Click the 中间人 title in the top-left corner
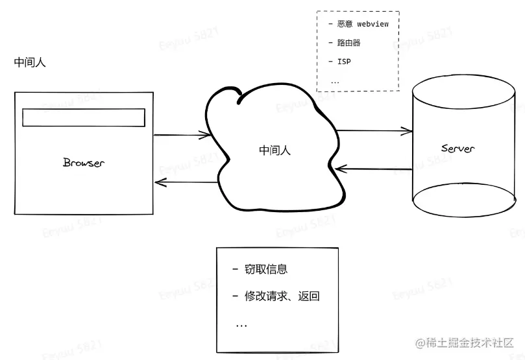(x=30, y=63)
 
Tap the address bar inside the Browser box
(x=84, y=117)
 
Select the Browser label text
(x=83, y=162)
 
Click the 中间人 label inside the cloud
(x=275, y=150)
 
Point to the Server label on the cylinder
(x=458, y=149)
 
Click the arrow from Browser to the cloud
(x=182, y=135)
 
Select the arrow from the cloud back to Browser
(x=184, y=183)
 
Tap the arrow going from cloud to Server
(x=374, y=131)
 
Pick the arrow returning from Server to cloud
(x=374, y=169)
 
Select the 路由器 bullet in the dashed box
(x=348, y=43)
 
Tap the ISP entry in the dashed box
(x=344, y=62)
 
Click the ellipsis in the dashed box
(x=335, y=82)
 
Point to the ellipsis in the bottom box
(x=241, y=324)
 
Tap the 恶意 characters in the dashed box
(x=345, y=25)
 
